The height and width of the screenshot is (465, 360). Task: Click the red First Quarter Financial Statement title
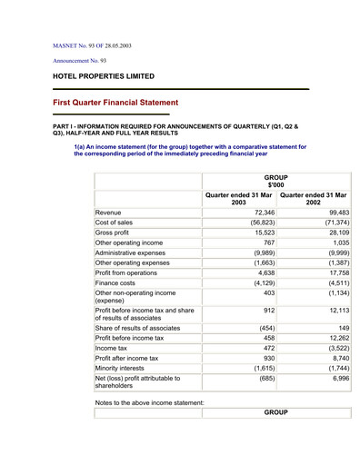(116, 104)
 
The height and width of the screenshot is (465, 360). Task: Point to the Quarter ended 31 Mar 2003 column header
(238, 197)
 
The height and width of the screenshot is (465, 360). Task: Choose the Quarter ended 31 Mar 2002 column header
(313, 197)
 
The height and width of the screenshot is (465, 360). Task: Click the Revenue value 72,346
(258, 213)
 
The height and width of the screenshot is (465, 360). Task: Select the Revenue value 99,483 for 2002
(334, 213)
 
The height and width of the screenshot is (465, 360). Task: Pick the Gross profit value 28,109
(334, 232)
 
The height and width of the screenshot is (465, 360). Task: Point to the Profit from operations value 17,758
(334, 273)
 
